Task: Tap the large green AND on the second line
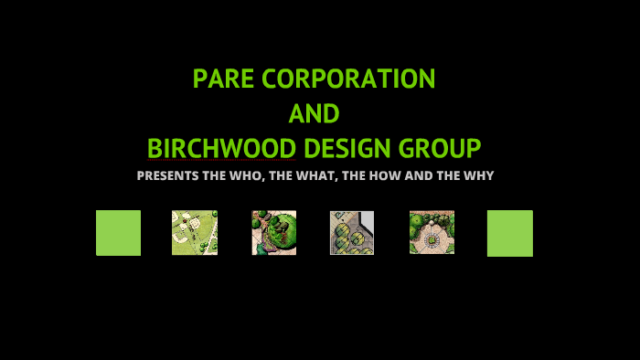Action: click(314, 114)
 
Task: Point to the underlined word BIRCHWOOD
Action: click(221, 148)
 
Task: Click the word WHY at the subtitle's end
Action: click(477, 175)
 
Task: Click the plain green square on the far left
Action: click(118, 233)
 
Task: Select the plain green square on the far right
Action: click(509, 233)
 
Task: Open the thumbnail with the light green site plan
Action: click(195, 233)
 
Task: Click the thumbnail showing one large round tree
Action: click(274, 233)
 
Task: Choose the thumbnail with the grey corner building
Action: click(352, 233)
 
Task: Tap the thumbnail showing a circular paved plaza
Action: click(432, 232)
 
